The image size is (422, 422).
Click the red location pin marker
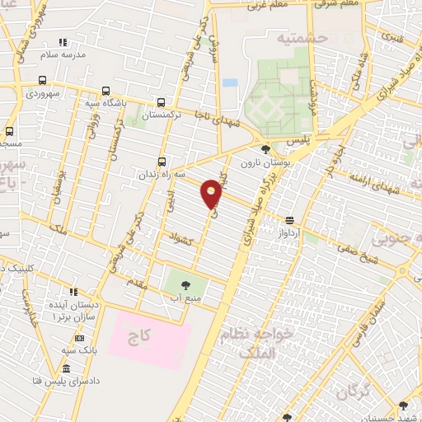212,193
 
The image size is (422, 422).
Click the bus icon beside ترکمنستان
162,103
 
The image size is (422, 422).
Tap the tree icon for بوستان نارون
265,149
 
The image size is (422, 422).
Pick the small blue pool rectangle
230,83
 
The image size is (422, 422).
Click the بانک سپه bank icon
79,338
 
